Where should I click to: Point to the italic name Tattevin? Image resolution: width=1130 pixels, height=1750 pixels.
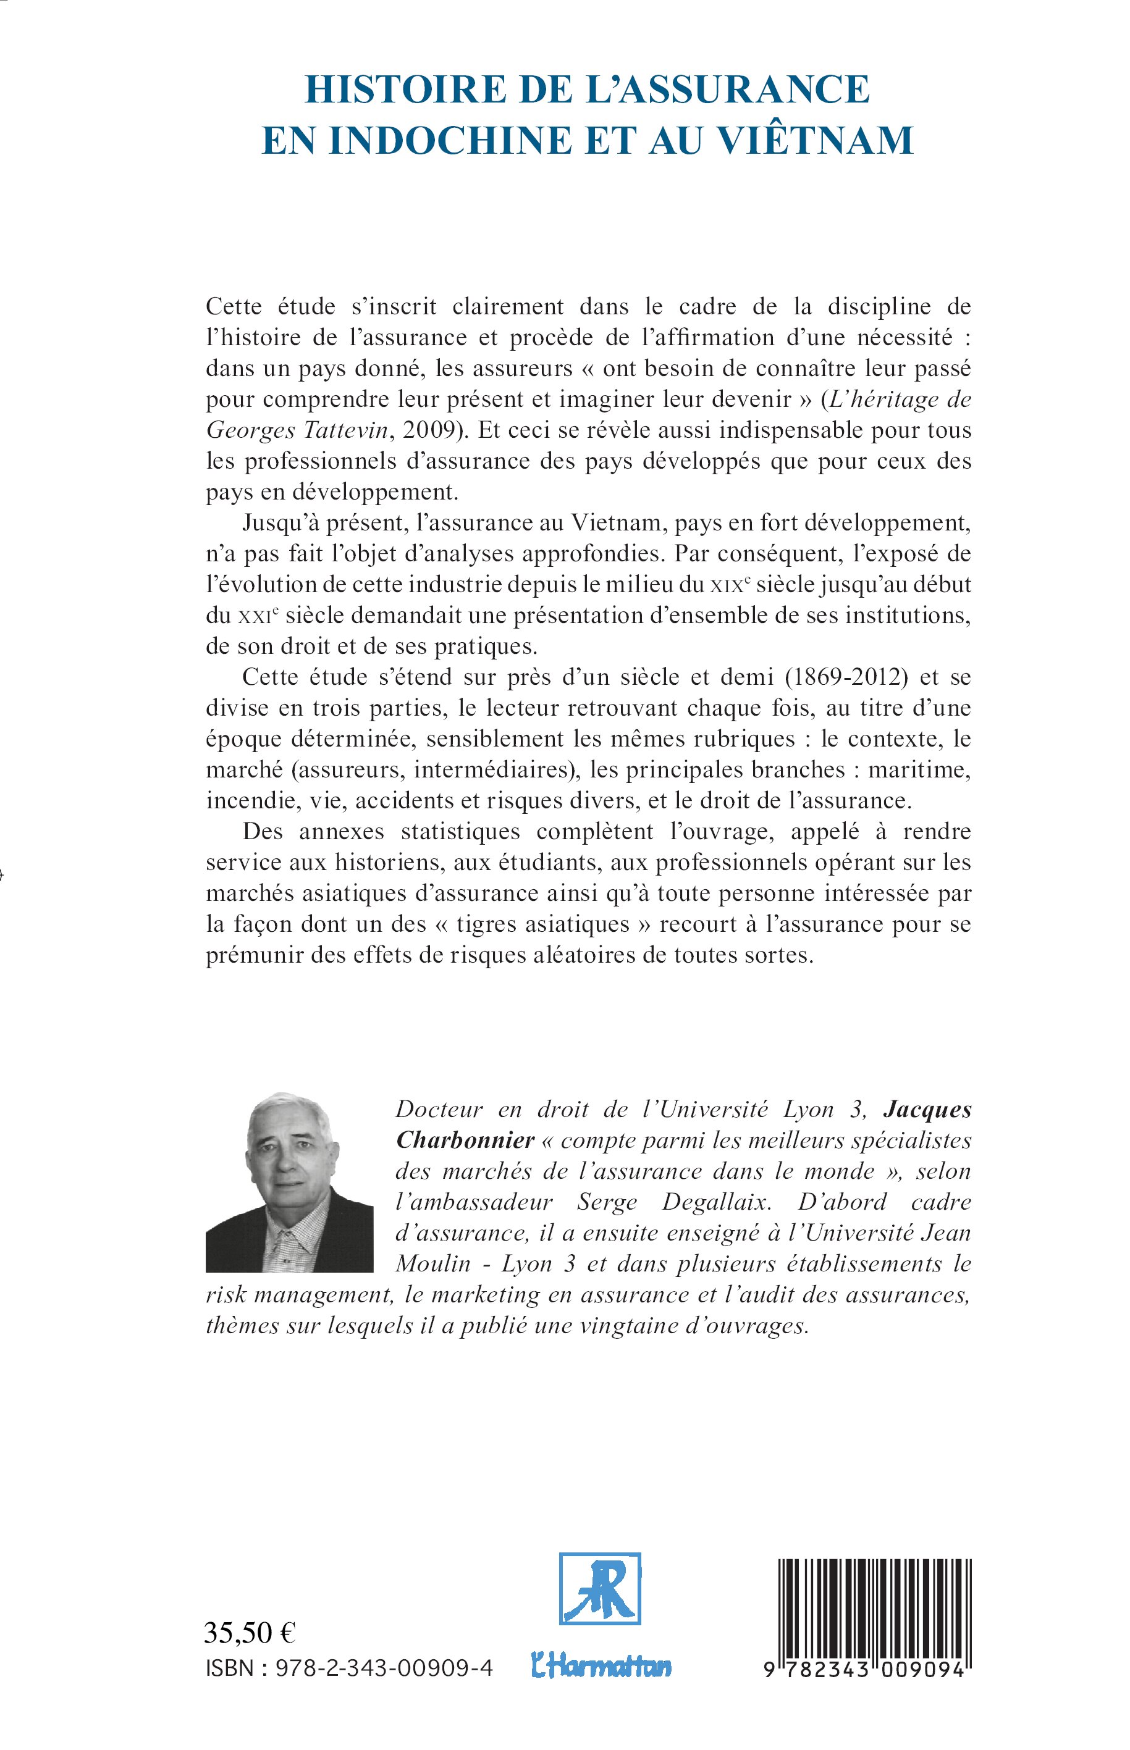pos(344,430)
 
